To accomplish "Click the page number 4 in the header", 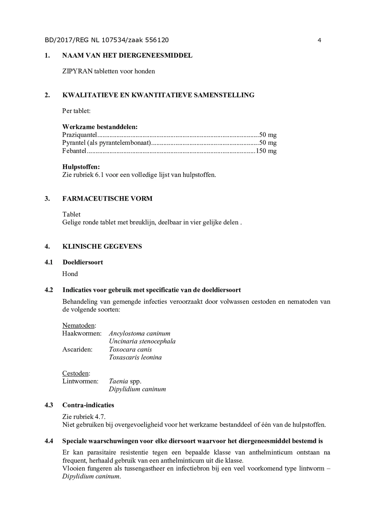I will coord(319,40).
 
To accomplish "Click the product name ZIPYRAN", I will coord(77,71).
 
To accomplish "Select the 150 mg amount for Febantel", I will coord(266,151).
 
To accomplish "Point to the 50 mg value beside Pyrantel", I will coord(268,143).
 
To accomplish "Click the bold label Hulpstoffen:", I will coord(81,167).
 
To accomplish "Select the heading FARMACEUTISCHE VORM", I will coord(107,198).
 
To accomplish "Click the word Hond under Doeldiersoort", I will coord(70,274).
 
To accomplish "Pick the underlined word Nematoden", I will coord(79,325).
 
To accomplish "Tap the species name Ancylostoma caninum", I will coord(140,334).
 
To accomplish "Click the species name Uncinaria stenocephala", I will coord(142,341).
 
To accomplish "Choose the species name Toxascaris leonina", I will coord(135,357).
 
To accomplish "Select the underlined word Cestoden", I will coord(76,373).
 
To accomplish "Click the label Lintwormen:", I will coord(80,381).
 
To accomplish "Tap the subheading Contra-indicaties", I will coord(88,405).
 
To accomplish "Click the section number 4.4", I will coord(49,441).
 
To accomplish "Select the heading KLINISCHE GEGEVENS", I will coord(102,246).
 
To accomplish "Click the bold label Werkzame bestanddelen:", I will coord(100,127).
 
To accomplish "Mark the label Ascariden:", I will coord(77,350).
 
